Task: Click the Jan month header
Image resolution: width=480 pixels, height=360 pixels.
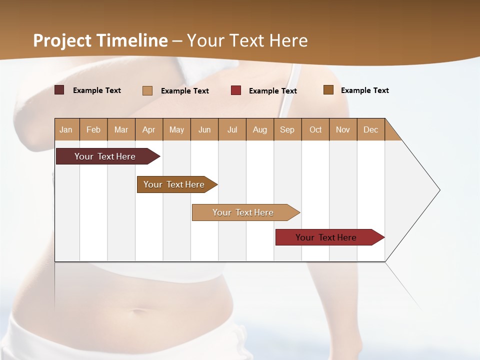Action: (66, 129)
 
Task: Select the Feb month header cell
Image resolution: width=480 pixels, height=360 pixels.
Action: (93, 129)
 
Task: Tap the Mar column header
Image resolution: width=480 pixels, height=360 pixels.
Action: (121, 129)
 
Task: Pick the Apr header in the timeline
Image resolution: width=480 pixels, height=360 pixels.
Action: (149, 129)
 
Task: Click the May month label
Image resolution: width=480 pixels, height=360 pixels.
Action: (176, 129)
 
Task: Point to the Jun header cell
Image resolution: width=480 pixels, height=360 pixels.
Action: (204, 129)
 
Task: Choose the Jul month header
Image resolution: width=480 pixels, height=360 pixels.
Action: (232, 129)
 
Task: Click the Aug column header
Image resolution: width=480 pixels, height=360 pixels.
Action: (260, 129)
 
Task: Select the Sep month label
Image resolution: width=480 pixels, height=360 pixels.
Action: (287, 129)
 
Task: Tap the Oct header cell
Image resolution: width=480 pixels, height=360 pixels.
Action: (315, 129)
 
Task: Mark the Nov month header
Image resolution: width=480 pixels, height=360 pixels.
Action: (343, 129)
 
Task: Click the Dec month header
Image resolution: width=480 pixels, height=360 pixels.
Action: (371, 129)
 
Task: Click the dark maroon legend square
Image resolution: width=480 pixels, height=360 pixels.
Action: (59, 90)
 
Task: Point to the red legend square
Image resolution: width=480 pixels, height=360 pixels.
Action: (236, 90)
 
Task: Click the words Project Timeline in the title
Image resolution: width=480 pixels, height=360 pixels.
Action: (100, 40)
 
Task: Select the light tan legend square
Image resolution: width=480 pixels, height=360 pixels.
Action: (147, 90)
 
